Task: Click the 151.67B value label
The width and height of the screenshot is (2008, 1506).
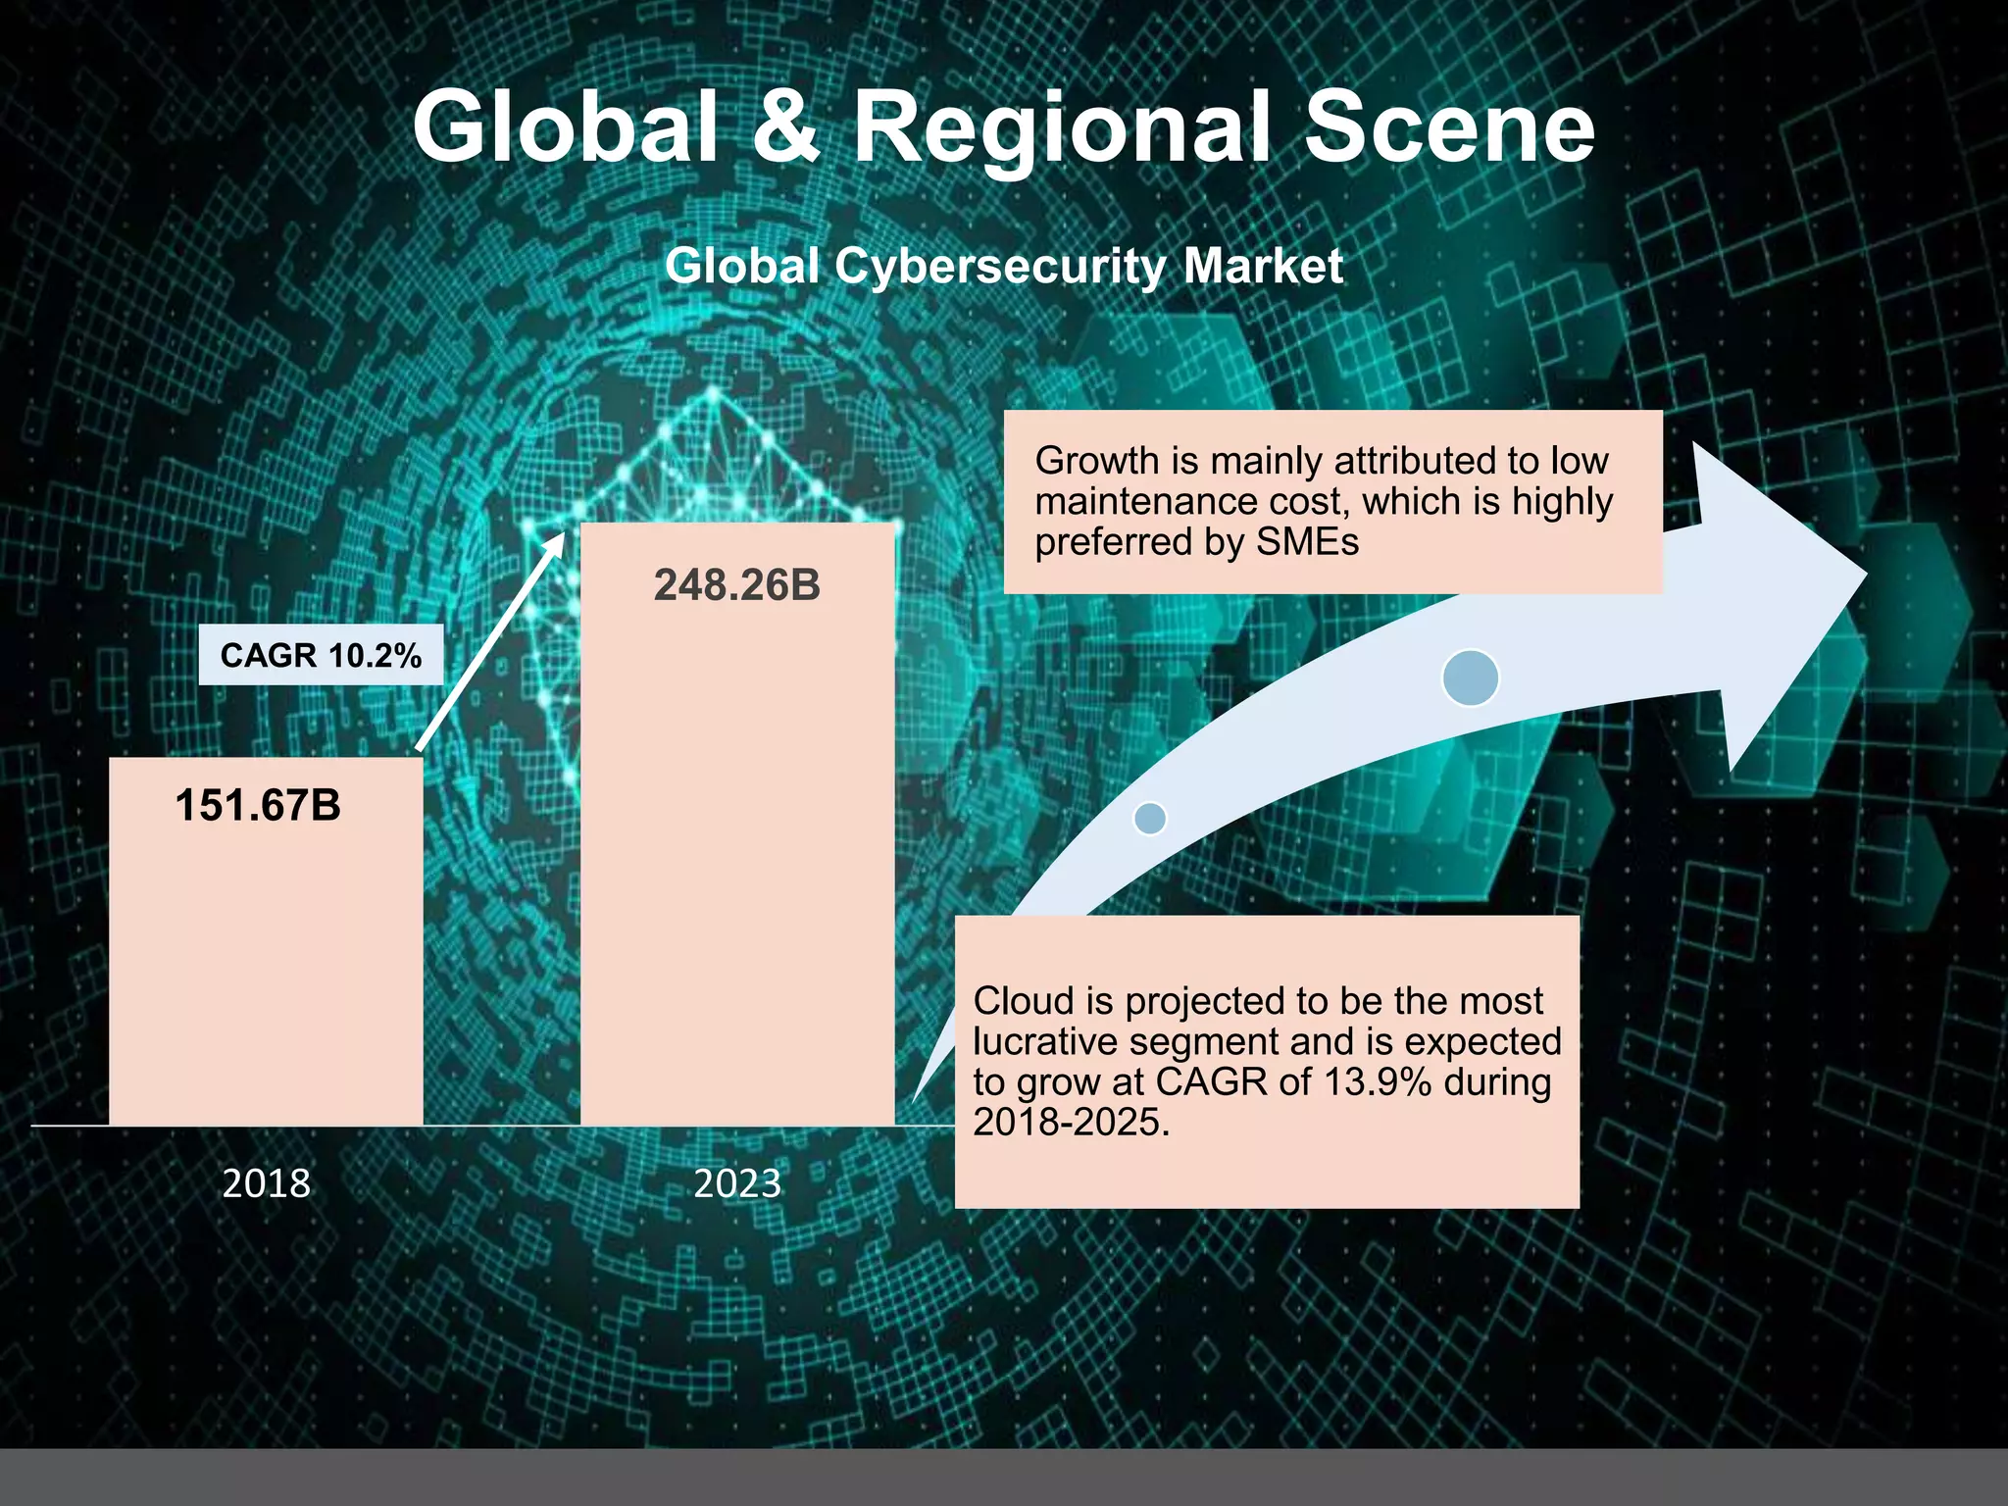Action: (x=258, y=806)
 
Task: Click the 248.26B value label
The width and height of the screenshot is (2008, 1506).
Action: (x=737, y=585)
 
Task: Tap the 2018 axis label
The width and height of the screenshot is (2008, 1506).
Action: (x=266, y=1183)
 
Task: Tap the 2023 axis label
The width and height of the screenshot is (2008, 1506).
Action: (x=737, y=1183)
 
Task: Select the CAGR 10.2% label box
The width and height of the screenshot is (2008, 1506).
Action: (x=321, y=655)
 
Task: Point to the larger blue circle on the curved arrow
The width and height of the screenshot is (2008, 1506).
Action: (x=1471, y=678)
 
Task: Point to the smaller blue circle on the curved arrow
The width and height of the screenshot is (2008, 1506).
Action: (x=1150, y=818)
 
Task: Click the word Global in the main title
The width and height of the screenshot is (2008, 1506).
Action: (x=566, y=127)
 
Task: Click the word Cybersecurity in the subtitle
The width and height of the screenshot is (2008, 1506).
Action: (x=1001, y=267)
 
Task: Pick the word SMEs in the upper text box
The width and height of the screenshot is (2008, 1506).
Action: (x=1308, y=542)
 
